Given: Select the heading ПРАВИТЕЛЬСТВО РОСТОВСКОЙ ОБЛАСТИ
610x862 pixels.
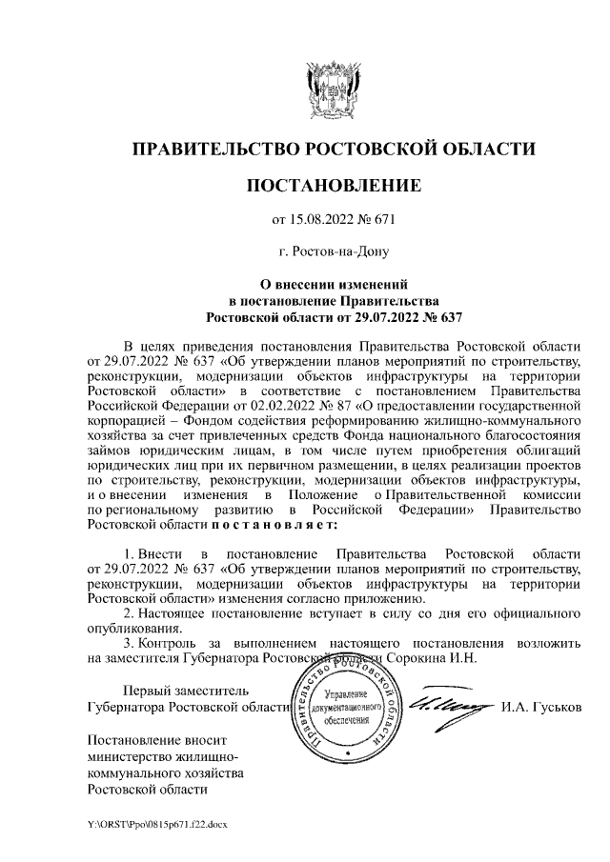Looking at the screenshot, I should [334, 149].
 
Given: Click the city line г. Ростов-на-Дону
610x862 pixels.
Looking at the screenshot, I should [334, 252].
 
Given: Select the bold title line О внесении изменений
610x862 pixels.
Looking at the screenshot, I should [334, 284].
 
